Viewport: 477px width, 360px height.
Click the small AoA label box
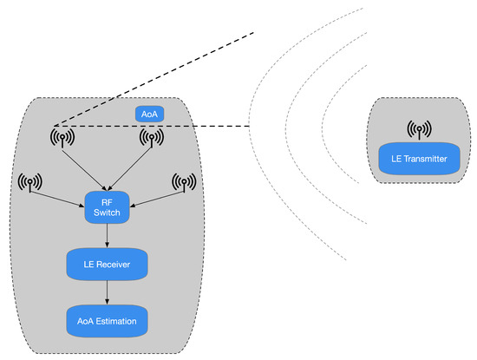pos(149,113)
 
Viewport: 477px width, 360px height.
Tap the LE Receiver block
pos(107,264)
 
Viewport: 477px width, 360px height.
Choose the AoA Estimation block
pos(107,320)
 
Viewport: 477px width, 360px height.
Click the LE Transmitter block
pos(419,160)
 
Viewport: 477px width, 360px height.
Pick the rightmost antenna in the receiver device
pos(184,182)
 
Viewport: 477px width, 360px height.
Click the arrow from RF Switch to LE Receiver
pos(105,235)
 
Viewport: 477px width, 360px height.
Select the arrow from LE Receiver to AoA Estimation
pos(106,292)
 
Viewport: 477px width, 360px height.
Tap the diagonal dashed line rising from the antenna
pos(156,78)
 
